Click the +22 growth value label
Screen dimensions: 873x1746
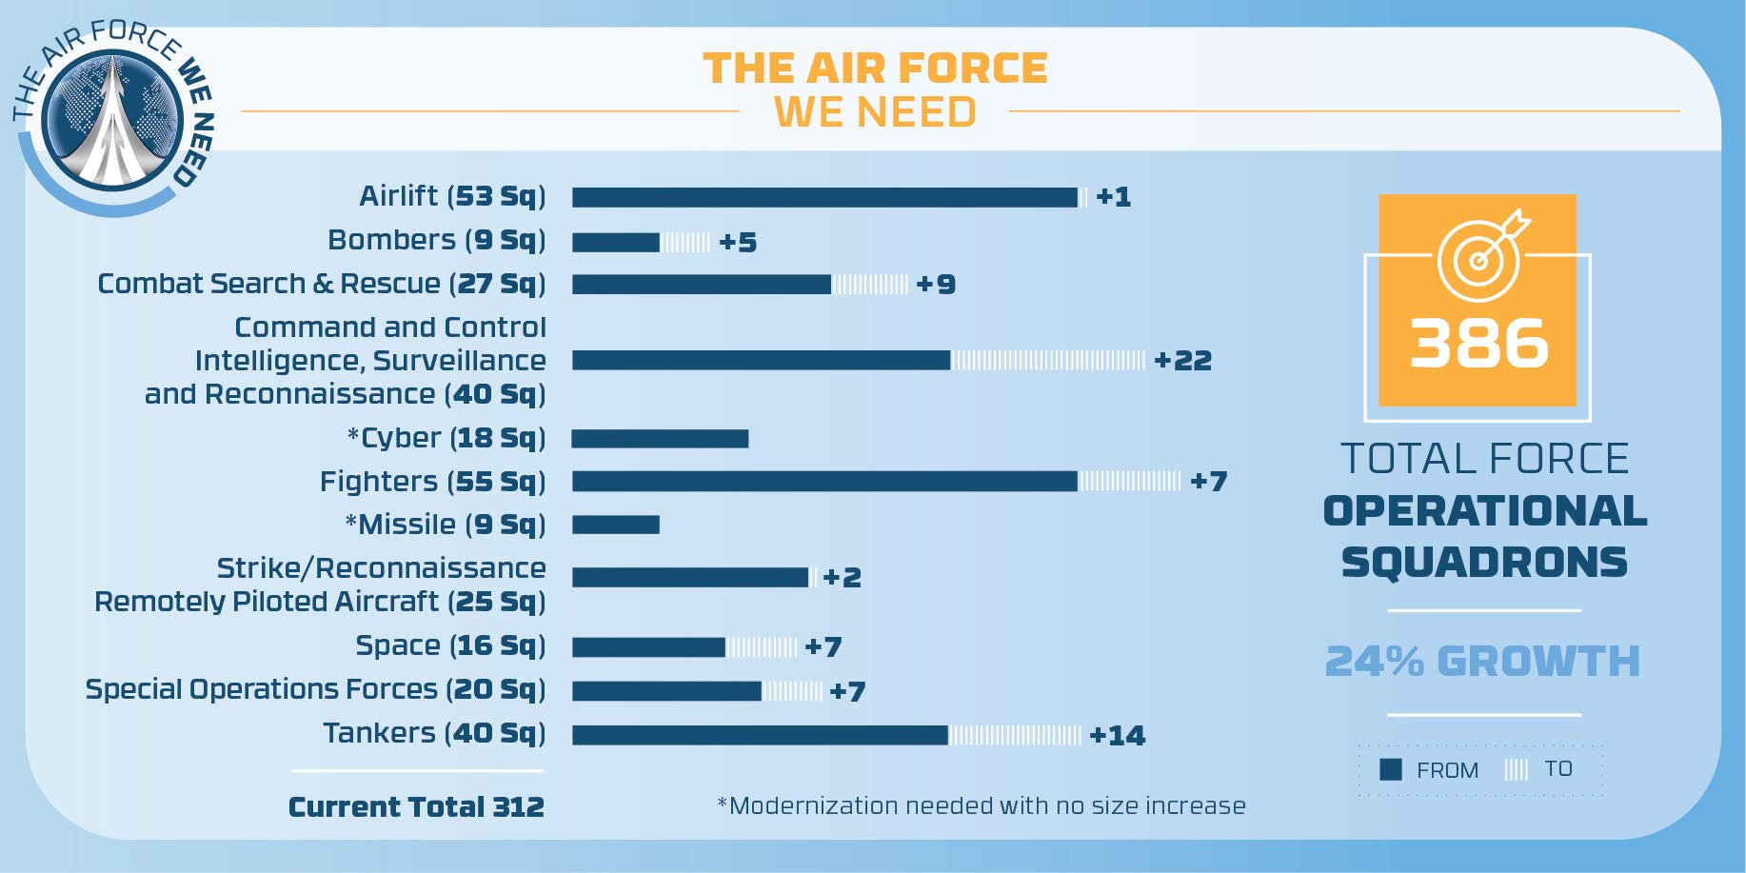click(x=1182, y=361)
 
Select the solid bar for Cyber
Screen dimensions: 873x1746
click(x=660, y=439)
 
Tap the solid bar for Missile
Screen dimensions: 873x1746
click(x=615, y=525)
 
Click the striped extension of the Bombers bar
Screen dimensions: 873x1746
click(x=685, y=243)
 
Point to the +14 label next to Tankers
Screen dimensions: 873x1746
click(x=1117, y=736)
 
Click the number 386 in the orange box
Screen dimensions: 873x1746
click(x=1478, y=344)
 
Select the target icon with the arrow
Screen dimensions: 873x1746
click(x=1481, y=255)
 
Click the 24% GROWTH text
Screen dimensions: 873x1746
click(x=1482, y=662)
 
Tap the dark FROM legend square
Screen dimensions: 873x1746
click(x=1391, y=769)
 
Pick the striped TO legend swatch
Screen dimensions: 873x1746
click(x=1516, y=769)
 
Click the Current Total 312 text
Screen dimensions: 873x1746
click(x=416, y=807)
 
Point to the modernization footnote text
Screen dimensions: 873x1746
click(x=981, y=806)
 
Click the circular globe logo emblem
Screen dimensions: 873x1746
click(x=112, y=120)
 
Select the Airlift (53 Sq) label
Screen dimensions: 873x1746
click(x=452, y=196)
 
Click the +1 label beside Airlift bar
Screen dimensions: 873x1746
click(x=1113, y=197)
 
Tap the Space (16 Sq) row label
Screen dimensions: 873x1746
click(x=450, y=645)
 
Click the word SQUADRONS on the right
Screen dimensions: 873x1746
click(x=1483, y=563)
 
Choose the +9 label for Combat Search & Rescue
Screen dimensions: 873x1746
click(x=935, y=285)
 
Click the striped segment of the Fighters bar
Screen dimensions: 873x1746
click(x=1129, y=482)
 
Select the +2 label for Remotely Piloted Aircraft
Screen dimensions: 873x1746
click(x=842, y=578)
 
